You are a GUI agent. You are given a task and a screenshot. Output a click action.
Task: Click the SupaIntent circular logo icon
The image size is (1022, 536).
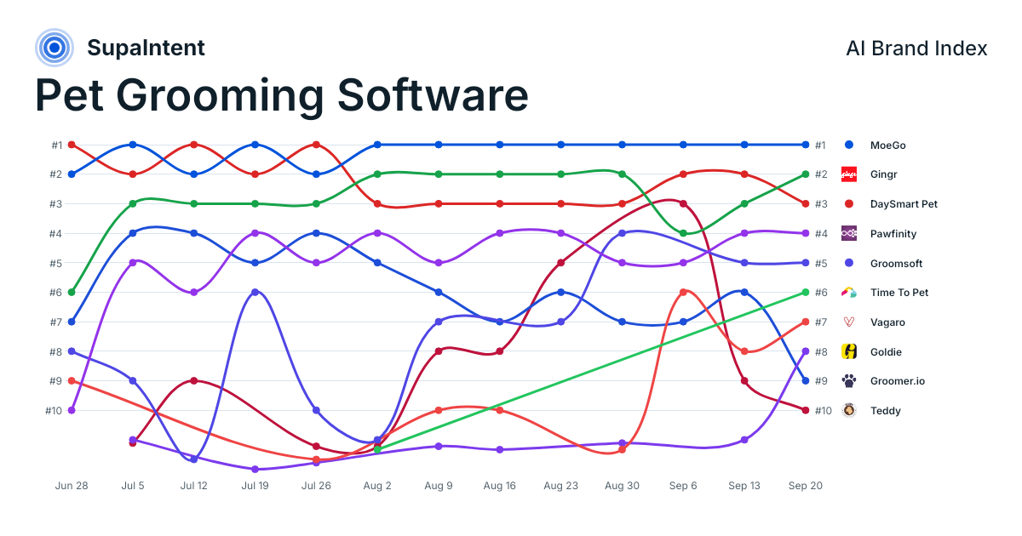coord(55,48)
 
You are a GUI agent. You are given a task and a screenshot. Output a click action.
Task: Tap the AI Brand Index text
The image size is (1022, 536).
coord(916,48)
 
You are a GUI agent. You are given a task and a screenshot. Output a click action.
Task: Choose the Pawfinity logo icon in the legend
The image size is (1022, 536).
coord(848,233)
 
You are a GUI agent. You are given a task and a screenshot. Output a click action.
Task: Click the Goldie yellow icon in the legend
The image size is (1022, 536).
coord(848,351)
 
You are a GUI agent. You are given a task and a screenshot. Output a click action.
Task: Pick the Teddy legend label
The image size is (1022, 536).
coord(885,411)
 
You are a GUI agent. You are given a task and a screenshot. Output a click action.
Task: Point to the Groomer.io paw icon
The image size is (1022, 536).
coord(848,381)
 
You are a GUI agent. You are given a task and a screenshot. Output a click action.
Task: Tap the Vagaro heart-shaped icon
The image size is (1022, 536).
coord(848,322)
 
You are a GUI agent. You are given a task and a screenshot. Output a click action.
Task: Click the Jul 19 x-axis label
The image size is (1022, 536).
coord(255,486)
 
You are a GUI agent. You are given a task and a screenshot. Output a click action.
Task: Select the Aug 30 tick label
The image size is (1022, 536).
coord(622,486)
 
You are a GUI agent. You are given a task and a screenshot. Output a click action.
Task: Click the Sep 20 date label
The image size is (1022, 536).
coord(806,486)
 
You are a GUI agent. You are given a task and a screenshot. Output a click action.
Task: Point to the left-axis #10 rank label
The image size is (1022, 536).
coord(54,411)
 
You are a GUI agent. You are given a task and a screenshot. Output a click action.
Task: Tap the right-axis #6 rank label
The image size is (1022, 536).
coord(821,293)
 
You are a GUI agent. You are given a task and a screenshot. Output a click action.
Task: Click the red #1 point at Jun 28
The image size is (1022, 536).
coord(72,145)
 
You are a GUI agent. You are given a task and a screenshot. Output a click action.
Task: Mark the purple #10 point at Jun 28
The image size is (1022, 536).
coord(72,410)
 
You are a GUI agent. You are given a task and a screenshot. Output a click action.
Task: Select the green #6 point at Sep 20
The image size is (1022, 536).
coord(806,292)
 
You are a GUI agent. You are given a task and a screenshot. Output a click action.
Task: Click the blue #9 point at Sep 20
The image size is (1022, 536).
coord(806,380)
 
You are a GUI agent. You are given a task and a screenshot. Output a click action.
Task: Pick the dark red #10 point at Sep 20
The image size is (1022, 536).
coord(806,410)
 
